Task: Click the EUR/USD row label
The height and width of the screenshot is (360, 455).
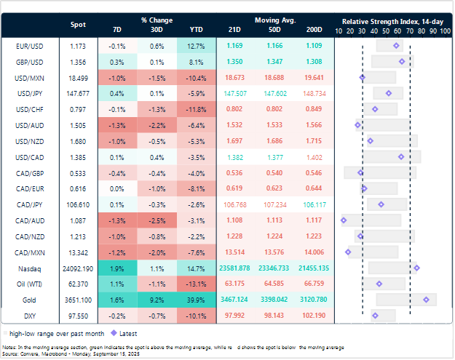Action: pos(28,45)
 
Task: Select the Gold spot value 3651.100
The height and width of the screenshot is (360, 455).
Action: pos(78,299)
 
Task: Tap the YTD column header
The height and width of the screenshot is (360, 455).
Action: pos(196,29)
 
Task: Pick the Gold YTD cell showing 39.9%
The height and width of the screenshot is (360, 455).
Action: pos(196,299)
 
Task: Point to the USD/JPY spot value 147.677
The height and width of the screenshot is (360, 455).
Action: pos(78,93)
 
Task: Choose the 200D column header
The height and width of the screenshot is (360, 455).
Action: pos(314,29)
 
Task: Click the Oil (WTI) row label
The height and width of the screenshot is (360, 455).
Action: pos(28,284)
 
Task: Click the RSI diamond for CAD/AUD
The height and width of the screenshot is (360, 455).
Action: pos(344,220)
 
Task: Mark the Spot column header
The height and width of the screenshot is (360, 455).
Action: pos(78,24)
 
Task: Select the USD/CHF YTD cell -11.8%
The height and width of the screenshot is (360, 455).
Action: pos(196,109)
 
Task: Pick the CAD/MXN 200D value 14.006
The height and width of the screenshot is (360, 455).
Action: pos(314,252)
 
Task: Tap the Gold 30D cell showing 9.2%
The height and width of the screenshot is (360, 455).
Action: pos(155,299)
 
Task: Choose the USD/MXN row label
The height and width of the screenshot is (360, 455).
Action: pos(28,77)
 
